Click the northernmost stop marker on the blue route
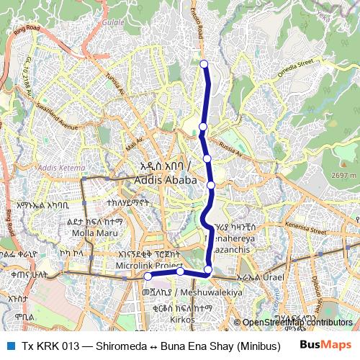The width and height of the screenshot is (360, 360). tap(204, 64)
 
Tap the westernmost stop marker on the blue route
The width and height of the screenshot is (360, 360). tap(148, 276)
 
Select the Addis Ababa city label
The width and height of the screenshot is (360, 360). tap(167, 179)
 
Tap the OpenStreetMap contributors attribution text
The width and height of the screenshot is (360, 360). tap(297, 323)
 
